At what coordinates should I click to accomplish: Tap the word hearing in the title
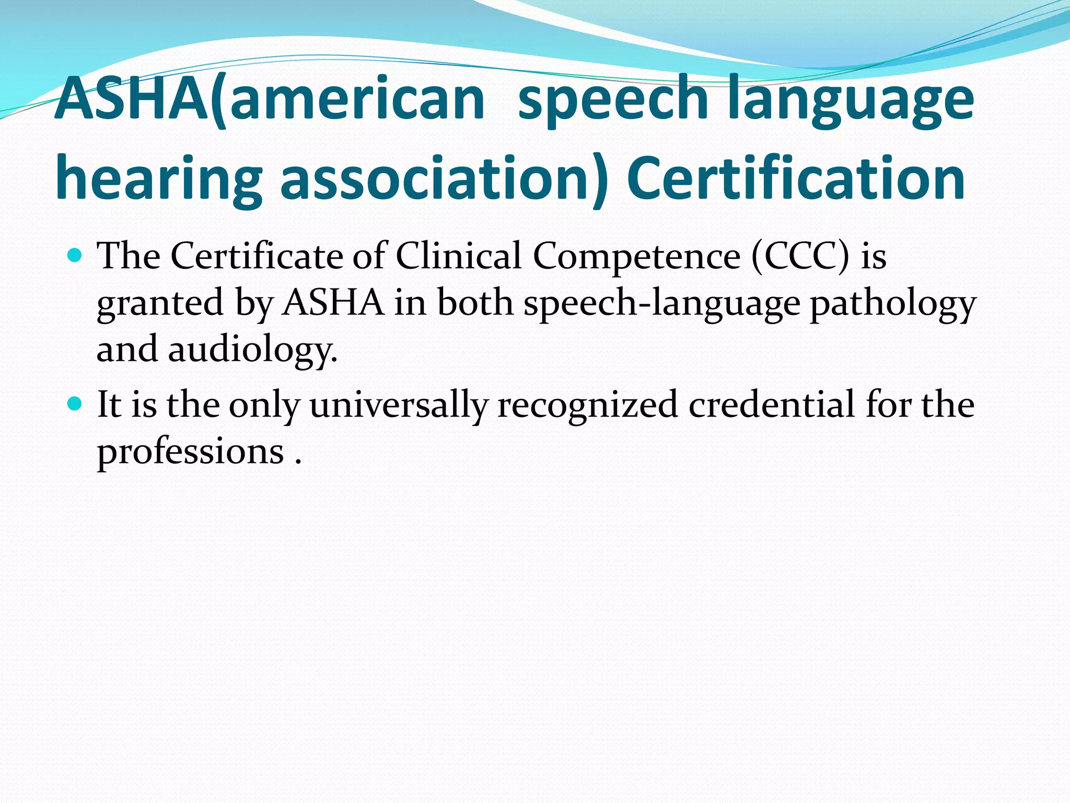click(x=158, y=179)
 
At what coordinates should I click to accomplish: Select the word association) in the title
click(x=445, y=179)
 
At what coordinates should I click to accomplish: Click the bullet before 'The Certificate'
click(x=75, y=256)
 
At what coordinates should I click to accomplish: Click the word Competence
click(x=636, y=256)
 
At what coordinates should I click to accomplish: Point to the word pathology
click(x=892, y=303)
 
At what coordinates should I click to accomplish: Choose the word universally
click(x=399, y=405)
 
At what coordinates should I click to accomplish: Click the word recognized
click(x=587, y=405)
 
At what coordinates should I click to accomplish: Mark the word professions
click(x=191, y=451)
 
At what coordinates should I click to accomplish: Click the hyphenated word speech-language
click(x=661, y=303)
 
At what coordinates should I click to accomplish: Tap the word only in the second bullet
click(x=264, y=405)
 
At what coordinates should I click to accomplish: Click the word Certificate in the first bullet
click(x=257, y=256)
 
